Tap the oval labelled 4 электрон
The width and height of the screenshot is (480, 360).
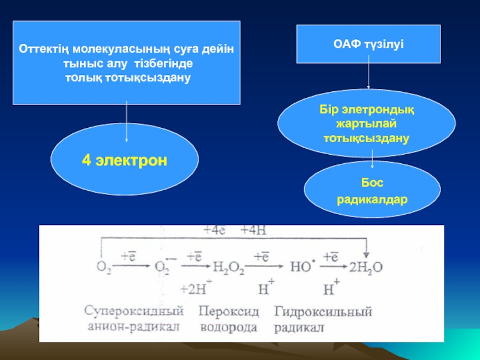tap(125, 161)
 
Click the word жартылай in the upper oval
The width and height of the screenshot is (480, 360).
tap(366, 124)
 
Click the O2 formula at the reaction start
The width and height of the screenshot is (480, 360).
tap(103, 267)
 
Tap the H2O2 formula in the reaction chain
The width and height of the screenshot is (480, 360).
tap(229, 267)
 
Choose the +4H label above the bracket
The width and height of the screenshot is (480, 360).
tap(254, 230)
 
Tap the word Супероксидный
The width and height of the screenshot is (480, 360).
tap(133, 312)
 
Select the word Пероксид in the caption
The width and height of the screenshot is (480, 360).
tap(229, 312)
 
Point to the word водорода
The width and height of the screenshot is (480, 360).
tap(229, 328)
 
